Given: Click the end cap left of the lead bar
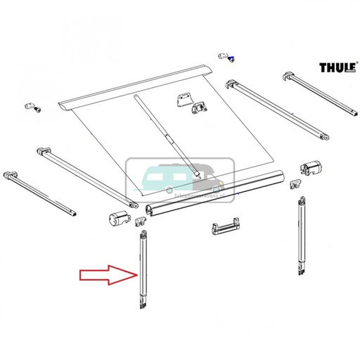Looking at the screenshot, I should tap(117, 217).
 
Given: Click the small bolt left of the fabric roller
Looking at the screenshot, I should tap(33, 105).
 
